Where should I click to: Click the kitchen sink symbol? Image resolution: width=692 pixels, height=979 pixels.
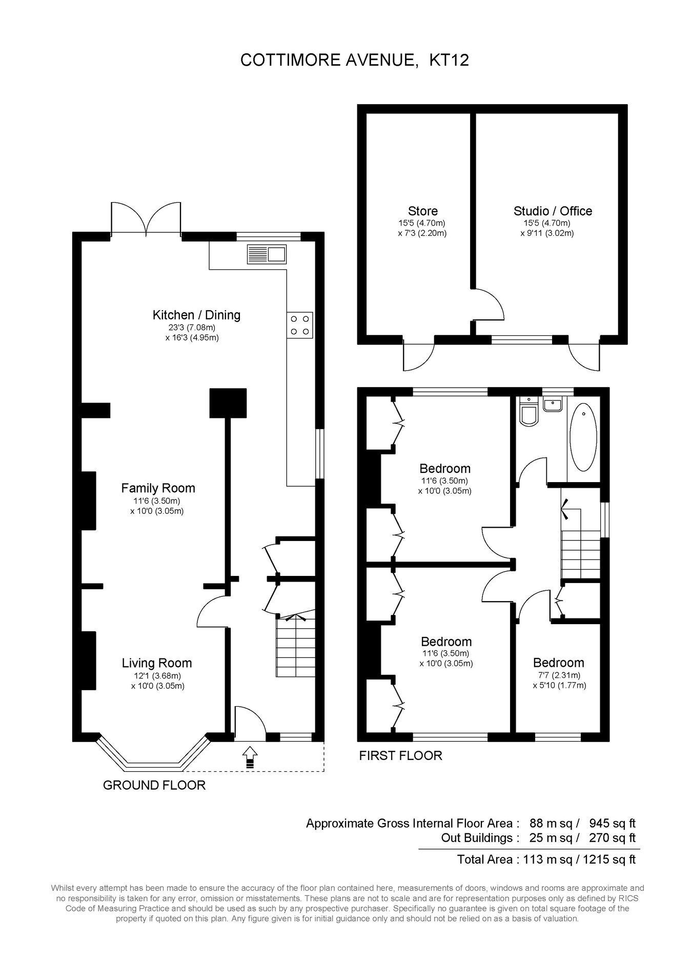pyautogui.click(x=267, y=254)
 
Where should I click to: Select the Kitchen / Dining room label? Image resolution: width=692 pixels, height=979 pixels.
pyautogui.click(x=196, y=315)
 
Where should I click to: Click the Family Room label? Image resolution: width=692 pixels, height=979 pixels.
pyautogui.click(x=158, y=488)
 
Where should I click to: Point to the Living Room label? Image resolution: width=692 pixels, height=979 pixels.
pyautogui.click(x=157, y=663)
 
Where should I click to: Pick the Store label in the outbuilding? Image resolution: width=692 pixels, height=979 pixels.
pyautogui.click(x=423, y=211)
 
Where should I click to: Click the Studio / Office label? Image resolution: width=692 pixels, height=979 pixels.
pyautogui.click(x=553, y=211)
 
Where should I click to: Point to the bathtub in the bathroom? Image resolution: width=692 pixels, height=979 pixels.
pyautogui.click(x=583, y=437)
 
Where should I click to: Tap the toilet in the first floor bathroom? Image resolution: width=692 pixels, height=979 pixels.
pyautogui.click(x=527, y=411)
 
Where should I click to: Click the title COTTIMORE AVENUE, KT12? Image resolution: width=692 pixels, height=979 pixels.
pyautogui.click(x=355, y=61)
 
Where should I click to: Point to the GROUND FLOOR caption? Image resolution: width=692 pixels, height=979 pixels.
pyautogui.click(x=154, y=785)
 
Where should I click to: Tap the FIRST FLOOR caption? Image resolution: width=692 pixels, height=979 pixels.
pyautogui.click(x=400, y=755)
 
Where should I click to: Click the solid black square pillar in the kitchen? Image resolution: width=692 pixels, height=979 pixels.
pyautogui.click(x=228, y=404)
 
